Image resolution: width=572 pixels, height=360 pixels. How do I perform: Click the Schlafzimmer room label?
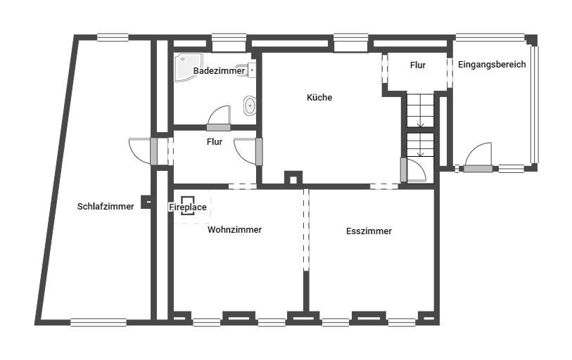coord(106,207)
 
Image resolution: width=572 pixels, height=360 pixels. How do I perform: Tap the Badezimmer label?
coord(219,71)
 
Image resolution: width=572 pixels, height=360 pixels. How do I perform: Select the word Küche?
coord(319,98)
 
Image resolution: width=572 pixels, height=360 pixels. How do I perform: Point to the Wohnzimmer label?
coord(234,230)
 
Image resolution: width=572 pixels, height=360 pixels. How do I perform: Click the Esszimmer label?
coord(369,231)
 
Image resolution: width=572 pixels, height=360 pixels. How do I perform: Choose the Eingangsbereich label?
coord(492,65)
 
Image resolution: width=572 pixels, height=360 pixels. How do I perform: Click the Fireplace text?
coord(188,207)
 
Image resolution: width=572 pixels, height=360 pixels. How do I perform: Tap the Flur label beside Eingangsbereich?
coord(418,65)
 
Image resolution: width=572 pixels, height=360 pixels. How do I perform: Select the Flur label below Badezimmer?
coord(215,142)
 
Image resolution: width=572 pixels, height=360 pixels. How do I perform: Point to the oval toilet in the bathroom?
coord(250,105)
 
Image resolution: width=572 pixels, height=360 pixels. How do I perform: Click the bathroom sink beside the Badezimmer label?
coord(251,70)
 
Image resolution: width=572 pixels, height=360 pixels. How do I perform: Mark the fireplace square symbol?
coord(188,206)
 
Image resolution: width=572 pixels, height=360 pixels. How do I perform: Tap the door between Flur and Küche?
coord(259,151)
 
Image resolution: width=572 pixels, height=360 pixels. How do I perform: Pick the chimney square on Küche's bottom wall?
coord(293,179)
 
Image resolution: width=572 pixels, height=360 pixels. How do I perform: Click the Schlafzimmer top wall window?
coord(113,37)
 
